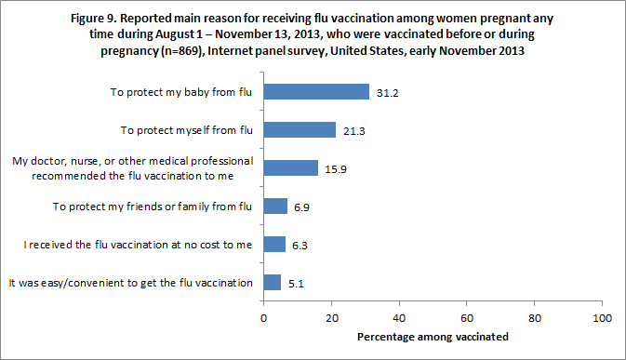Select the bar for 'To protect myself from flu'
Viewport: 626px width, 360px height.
coord(300,129)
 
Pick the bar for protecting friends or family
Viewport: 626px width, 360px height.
coord(275,206)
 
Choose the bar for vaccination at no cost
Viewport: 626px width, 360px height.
coord(274,244)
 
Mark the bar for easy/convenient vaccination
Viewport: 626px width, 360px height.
coord(273,282)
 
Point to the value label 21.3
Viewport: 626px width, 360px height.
coord(353,130)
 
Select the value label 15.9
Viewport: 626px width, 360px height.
coord(336,168)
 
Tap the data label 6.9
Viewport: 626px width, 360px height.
coord(302,207)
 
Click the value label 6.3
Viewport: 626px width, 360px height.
coord(300,245)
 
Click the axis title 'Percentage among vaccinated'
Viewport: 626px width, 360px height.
coord(433,335)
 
